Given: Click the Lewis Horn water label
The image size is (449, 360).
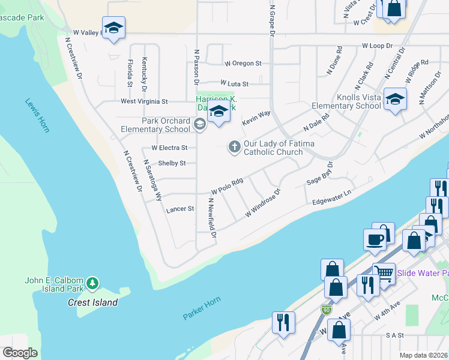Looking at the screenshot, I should pos(37,115).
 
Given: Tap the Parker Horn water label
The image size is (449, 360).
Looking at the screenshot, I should pos(202,307).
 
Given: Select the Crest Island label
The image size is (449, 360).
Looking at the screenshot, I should pos(92,302).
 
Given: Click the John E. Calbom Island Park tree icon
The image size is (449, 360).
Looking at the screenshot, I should pos(92,282).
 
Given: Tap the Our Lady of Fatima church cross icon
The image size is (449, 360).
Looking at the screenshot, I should pos(234,146).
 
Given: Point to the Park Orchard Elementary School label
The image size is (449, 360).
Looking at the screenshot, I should pos(155,125).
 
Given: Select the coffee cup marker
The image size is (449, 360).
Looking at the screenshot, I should pos(375,239).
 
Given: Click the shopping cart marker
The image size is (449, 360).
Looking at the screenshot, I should pos(385,274).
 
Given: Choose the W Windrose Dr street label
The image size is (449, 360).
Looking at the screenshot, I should pos(263,205).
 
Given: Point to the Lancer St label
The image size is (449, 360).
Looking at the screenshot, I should pos(180,209).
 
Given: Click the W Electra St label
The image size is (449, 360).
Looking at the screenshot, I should pos(169,148).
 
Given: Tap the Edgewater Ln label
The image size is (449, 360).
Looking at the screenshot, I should pos(331,199).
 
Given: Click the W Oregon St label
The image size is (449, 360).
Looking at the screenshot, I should pos(243,63).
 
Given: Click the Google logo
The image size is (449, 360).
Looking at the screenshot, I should pos(20,353).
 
